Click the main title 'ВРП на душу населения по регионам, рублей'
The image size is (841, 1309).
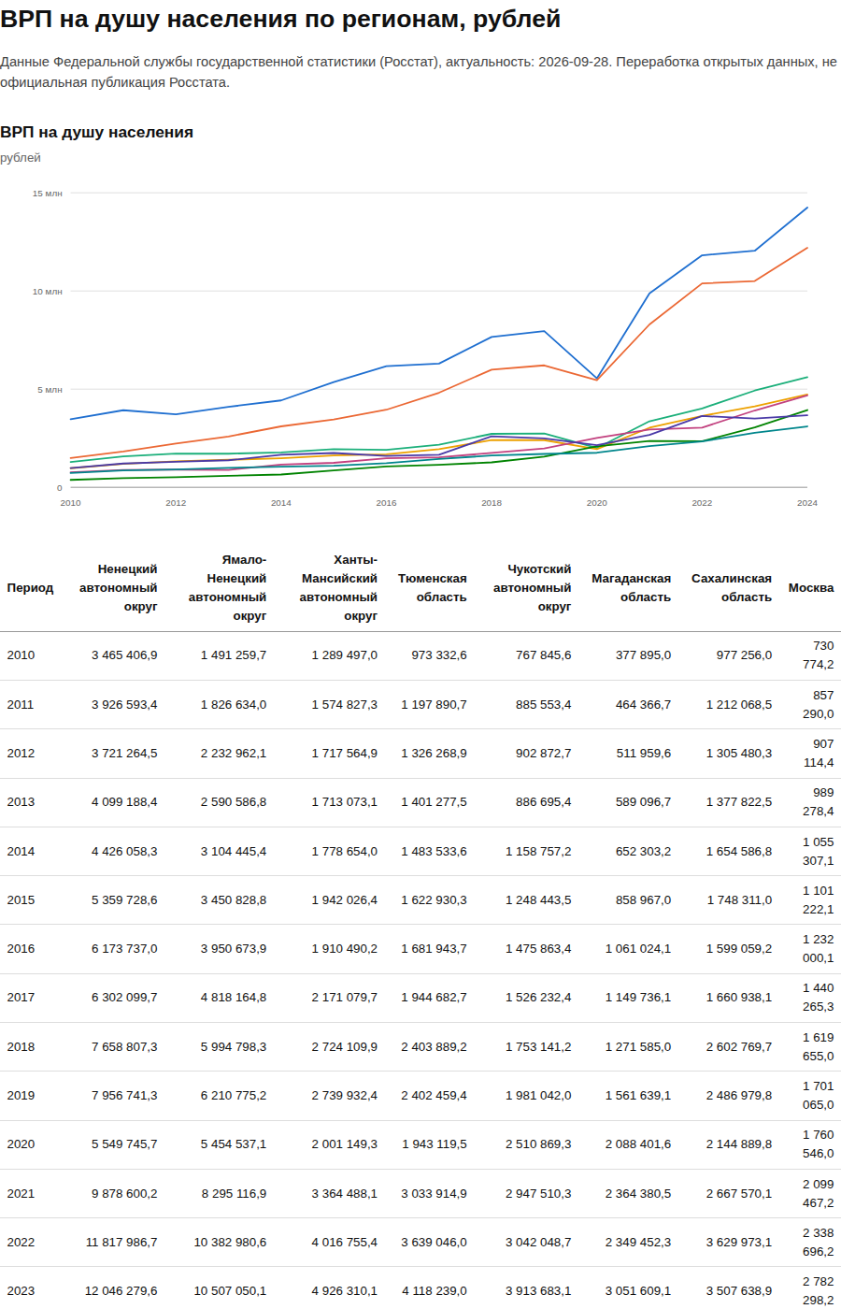coord(280,19)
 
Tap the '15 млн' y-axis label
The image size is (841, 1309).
coord(48,194)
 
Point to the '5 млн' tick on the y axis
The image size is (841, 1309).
coord(50,390)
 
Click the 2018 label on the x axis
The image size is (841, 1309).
coord(492,503)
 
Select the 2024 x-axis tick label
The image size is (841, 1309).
coord(807,503)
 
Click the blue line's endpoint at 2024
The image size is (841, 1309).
coord(807,208)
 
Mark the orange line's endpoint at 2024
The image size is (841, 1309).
coord(807,248)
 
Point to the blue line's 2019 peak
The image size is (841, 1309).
coord(544,331)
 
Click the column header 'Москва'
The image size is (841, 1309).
coord(811,588)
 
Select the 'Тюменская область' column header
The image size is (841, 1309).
coord(432,588)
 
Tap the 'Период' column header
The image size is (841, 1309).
coord(30,588)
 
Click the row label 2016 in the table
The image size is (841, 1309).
coord(21,948)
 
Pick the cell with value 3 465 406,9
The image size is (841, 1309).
coord(124,655)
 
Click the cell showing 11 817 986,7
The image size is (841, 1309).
coord(121,1242)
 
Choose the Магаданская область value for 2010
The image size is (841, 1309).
coord(643,655)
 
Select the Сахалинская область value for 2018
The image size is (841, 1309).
coord(739,1046)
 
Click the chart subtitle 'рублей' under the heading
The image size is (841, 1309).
coord(21,158)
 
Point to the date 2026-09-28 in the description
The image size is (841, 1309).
coord(575,62)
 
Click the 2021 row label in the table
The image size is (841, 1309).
coord(21,1193)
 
